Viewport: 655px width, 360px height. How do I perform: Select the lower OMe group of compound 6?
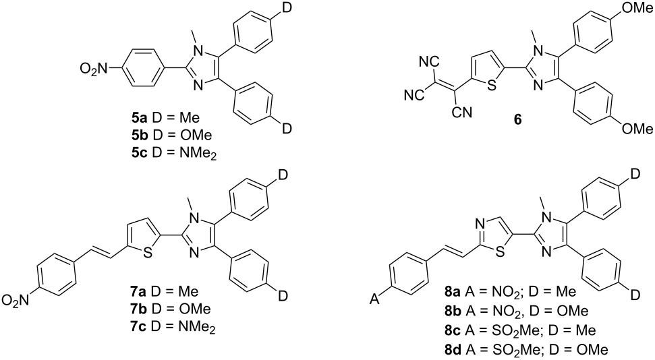pos(639,127)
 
